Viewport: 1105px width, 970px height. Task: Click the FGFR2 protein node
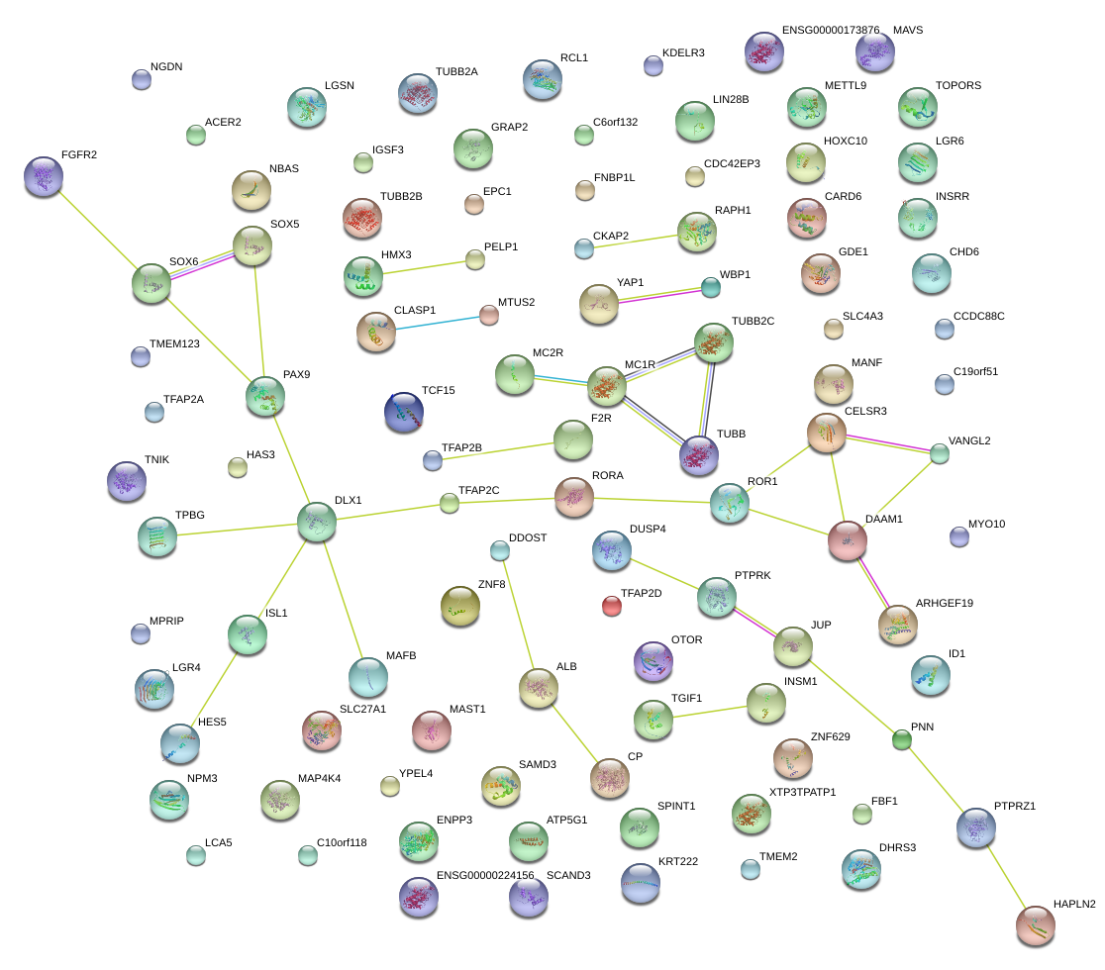43,177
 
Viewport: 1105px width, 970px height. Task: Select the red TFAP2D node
612,606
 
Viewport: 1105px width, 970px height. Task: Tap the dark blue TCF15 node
403,412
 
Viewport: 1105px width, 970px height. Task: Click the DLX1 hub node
317,522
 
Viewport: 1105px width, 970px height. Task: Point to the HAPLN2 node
1036,924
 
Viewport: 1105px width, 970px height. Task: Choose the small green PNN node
901,739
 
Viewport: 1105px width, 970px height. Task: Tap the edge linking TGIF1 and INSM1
709,711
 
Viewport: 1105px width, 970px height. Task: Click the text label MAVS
907,30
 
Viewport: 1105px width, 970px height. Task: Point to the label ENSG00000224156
485,875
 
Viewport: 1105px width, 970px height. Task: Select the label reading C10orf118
342,843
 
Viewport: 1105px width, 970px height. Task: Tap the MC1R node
607,386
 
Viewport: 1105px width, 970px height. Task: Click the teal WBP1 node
710,288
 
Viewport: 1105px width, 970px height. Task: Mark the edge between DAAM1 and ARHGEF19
872,582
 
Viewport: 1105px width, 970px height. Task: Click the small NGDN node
142,80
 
